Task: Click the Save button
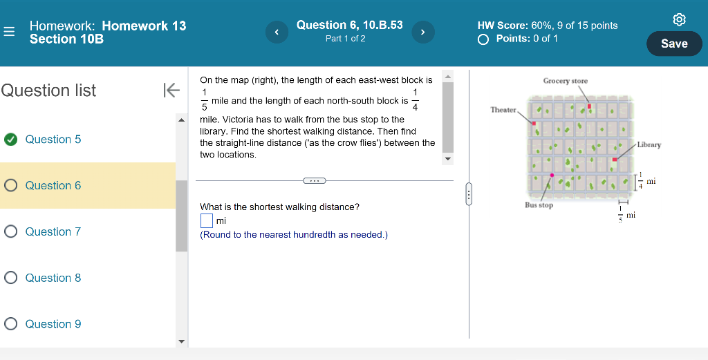pyautogui.click(x=674, y=44)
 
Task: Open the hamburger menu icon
pyautogui.click(x=8, y=32)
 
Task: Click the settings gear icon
pyautogui.click(x=679, y=19)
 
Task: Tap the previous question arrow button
pyautogui.click(x=277, y=32)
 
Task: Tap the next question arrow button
pyautogui.click(x=422, y=32)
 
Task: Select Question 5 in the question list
pyautogui.click(x=53, y=140)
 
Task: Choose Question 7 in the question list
pyautogui.click(x=53, y=231)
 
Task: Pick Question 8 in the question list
pyautogui.click(x=53, y=278)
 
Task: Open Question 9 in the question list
pyautogui.click(x=53, y=324)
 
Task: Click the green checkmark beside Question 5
pyautogui.click(x=10, y=140)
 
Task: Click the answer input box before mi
pyautogui.click(x=206, y=220)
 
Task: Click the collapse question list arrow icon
pyautogui.click(x=171, y=90)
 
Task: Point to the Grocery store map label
pyautogui.click(x=565, y=81)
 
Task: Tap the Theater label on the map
pyautogui.click(x=503, y=110)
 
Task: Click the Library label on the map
pyautogui.click(x=649, y=144)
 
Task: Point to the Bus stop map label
pyautogui.click(x=539, y=205)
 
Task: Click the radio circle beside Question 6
pyautogui.click(x=10, y=185)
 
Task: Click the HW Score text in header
pyautogui.click(x=547, y=26)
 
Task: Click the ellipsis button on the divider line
pyautogui.click(x=314, y=181)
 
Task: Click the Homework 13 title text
pyautogui.click(x=144, y=26)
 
